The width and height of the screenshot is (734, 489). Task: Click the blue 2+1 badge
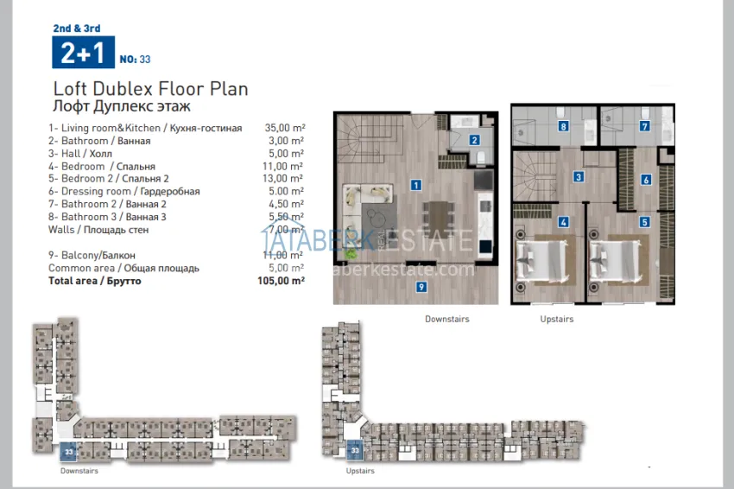(82, 54)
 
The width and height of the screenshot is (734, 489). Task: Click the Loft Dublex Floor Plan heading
(150, 89)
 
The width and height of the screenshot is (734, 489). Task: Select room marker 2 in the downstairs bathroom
(474, 139)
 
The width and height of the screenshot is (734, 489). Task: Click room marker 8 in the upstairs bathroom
(563, 126)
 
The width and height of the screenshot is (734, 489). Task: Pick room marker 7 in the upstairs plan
(644, 126)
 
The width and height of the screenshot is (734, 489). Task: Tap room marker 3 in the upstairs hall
(579, 176)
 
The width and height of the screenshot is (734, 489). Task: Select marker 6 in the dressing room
(645, 180)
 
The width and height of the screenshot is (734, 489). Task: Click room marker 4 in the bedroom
(563, 221)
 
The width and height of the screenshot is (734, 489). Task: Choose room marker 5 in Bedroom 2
(644, 221)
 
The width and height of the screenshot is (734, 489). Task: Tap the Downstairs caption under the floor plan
(446, 319)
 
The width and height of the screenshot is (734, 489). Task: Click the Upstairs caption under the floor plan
(557, 319)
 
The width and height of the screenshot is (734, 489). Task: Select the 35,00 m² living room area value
(286, 128)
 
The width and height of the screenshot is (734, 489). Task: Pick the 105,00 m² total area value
(284, 281)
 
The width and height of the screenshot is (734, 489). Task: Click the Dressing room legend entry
(124, 192)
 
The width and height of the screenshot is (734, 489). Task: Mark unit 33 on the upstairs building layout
(354, 450)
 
